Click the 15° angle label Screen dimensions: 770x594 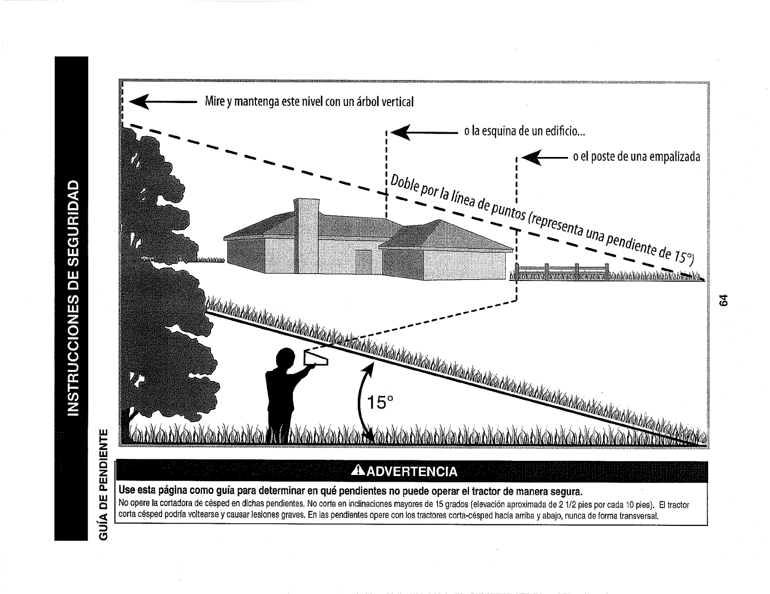click(x=380, y=403)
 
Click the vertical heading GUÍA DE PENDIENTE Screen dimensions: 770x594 click(x=103, y=485)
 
